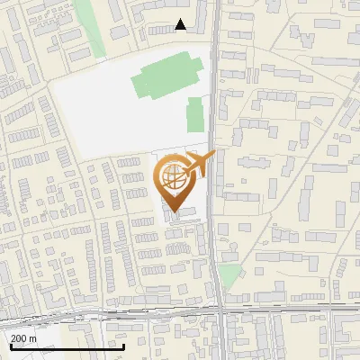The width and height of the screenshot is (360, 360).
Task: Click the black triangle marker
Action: point(181,25)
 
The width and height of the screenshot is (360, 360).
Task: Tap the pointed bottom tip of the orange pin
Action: point(174,211)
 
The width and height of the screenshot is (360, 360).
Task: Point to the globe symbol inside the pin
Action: point(172,176)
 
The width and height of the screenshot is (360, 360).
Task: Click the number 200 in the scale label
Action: point(19,337)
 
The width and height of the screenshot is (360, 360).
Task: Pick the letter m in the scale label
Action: point(33,337)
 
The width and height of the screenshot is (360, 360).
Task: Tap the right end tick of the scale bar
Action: point(123,346)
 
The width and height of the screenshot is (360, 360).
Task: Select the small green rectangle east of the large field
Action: point(193,115)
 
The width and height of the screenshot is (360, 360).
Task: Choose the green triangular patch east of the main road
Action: point(230,276)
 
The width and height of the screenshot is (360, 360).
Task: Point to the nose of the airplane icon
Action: point(213,155)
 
